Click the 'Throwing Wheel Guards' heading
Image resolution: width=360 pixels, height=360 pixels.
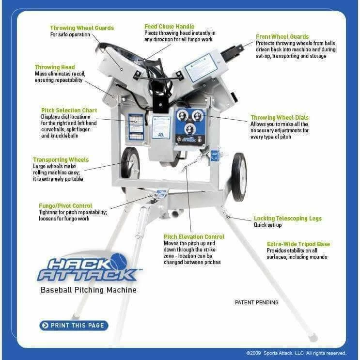tap(82, 28)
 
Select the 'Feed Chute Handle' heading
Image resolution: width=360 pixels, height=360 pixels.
tap(169, 26)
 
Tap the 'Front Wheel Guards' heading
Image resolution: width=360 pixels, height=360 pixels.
tap(283, 36)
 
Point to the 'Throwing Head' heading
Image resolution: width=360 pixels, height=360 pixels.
tap(54, 67)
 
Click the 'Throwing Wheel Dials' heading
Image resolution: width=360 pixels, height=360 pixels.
tap(279, 118)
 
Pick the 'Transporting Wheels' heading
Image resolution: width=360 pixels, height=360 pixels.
tap(61, 159)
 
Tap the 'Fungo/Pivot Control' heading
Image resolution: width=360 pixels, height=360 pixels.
tap(65, 205)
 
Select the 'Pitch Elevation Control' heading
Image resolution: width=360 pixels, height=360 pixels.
tap(194, 236)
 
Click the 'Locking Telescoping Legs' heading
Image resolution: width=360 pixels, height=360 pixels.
tap(287, 219)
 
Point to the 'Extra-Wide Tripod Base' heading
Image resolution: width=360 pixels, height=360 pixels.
tap(298, 244)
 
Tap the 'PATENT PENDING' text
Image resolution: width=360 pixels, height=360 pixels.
tap(256, 302)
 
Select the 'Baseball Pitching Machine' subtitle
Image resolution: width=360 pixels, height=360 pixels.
tap(88, 290)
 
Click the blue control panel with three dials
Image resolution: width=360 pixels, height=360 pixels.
tap(190, 126)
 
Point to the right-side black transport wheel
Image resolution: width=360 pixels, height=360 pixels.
tap(238, 177)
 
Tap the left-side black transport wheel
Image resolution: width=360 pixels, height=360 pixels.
tap(130, 164)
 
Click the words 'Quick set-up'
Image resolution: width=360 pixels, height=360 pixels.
tap(268, 225)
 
